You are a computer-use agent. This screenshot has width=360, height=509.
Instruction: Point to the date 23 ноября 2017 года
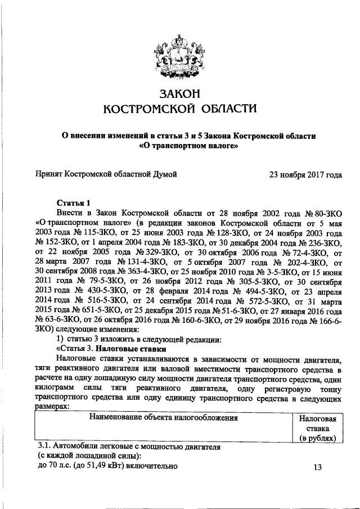305,174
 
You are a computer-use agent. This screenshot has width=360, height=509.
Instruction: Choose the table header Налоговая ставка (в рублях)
317,428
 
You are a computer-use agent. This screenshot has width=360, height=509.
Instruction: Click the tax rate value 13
317,467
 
